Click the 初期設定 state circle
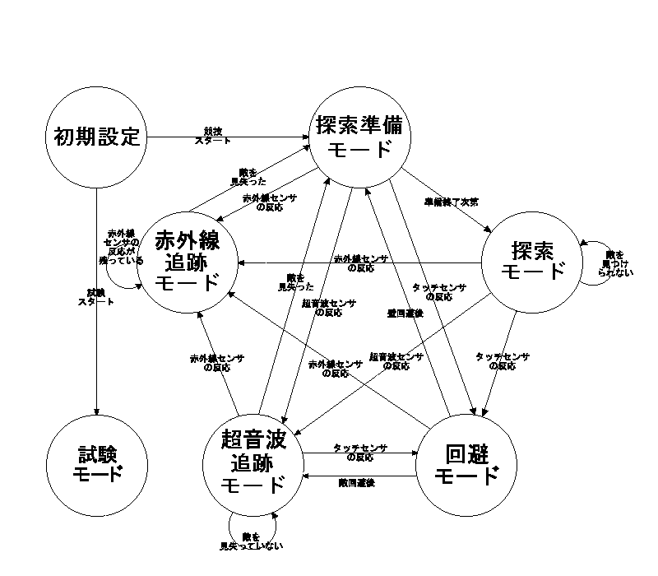click(97, 137)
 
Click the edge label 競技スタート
click(212, 136)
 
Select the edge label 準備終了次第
click(452, 202)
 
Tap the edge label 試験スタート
click(96, 297)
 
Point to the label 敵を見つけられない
click(617, 263)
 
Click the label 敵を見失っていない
click(252, 541)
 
